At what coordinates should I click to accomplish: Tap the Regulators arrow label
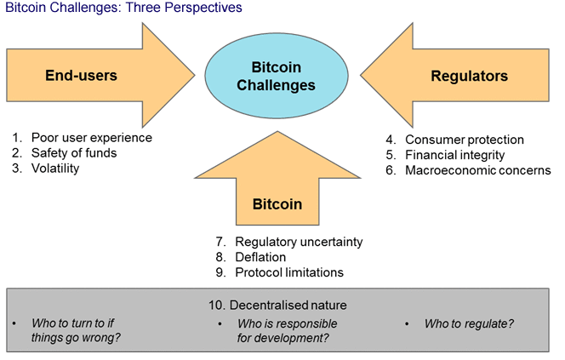(470, 77)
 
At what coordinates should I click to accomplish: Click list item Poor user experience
(91, 137)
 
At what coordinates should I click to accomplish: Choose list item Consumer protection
(465, 140)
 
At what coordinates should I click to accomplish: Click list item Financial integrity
(455, 155)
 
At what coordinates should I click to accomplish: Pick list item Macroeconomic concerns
(478, 170)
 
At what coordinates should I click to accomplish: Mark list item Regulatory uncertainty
(299, 242)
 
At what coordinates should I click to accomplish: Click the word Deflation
(260, 257)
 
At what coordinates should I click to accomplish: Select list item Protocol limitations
(289, 272)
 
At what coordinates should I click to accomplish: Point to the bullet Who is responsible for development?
(287, 331)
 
